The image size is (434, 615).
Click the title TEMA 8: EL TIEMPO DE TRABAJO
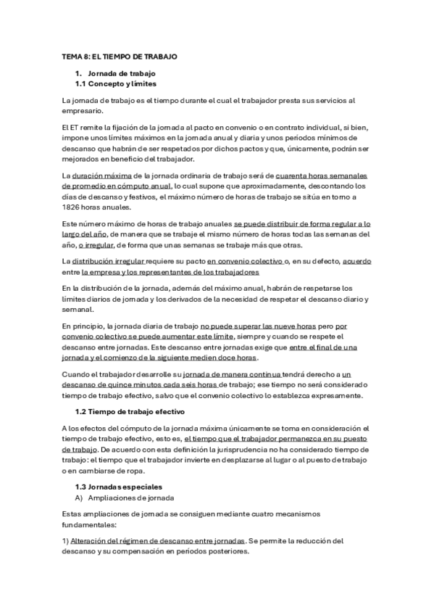120,56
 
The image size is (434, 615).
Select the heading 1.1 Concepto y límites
116,84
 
